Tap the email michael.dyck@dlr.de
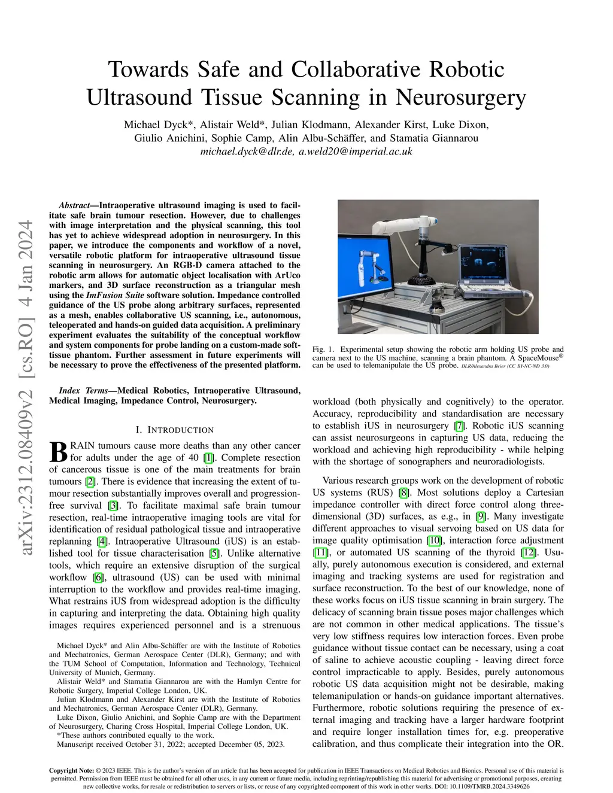tap(247, 152)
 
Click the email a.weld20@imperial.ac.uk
tap(356, 152)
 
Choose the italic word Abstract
tap(74, 205)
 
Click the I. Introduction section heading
tap(174, 430)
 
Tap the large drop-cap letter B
tap(58, 452)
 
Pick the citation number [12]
tap(528, 552)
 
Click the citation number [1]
tap(208, 458)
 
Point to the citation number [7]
tap(459, 426)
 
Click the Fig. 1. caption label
tap(323, 350)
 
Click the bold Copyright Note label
tap(71, 771)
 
